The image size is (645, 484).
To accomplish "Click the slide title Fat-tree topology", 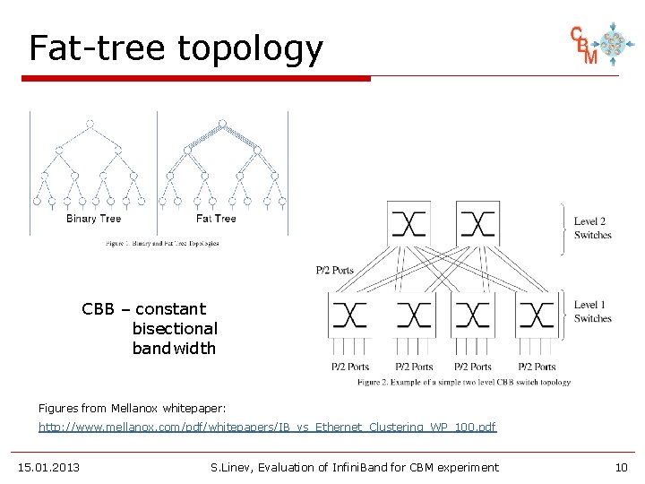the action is click(x=176, y=48).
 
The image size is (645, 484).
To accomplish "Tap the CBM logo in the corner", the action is click(x=597, y=44).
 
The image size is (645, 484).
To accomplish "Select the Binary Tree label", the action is click(x=93, y=219).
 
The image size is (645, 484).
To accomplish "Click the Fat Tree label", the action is click(x=216, y=219).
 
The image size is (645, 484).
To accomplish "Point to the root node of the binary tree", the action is click(x=89, y=124).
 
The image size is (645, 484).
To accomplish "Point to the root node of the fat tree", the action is click(x=221, y=124).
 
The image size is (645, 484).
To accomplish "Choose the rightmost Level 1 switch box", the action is click(x=535, y=315).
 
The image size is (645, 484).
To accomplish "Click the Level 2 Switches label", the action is click(x=592, y=228).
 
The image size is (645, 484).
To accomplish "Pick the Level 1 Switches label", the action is click(x=592, y=312).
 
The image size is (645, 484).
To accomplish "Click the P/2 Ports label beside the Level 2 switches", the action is click(x=335, y=271).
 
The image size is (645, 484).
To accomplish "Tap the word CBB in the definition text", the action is click(x=98, y=309).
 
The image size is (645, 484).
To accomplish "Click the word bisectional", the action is click(x=175, y=329).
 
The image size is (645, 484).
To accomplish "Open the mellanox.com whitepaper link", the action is click(x=267, y=428).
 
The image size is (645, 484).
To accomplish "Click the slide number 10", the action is click(x=622, y=467).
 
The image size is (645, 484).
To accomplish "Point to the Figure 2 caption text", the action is click(x=463, y=383).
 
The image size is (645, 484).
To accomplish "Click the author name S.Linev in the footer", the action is click(x=231, y=467).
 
